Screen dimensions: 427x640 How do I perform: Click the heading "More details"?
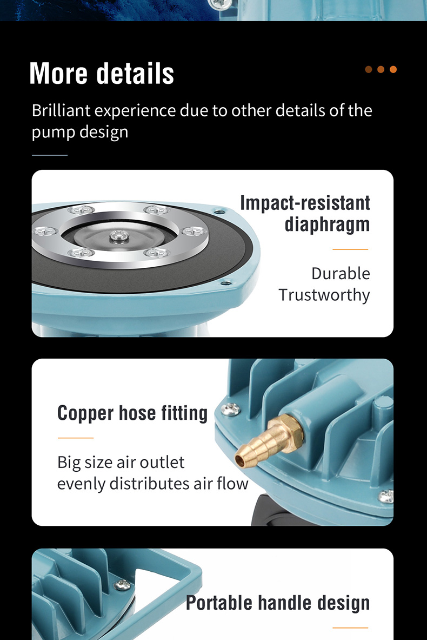102,74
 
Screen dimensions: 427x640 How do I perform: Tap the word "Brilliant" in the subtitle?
61,110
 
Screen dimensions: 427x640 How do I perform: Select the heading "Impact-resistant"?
305,203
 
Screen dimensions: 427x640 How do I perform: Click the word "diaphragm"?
327,225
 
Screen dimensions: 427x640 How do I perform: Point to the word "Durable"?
341,273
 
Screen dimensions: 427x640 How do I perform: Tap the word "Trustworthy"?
324,295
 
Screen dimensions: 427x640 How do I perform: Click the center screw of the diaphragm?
119,235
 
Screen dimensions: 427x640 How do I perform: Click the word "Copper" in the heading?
85,413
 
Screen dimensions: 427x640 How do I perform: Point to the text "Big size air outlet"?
121,463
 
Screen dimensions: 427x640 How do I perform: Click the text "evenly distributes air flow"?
152,484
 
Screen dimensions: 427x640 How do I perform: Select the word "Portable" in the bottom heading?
218,603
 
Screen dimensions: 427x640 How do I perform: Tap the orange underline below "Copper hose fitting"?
76,438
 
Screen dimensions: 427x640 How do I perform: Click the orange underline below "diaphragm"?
350,249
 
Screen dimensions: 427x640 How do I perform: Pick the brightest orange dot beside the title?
393,69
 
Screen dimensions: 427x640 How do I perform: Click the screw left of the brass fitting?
230,409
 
